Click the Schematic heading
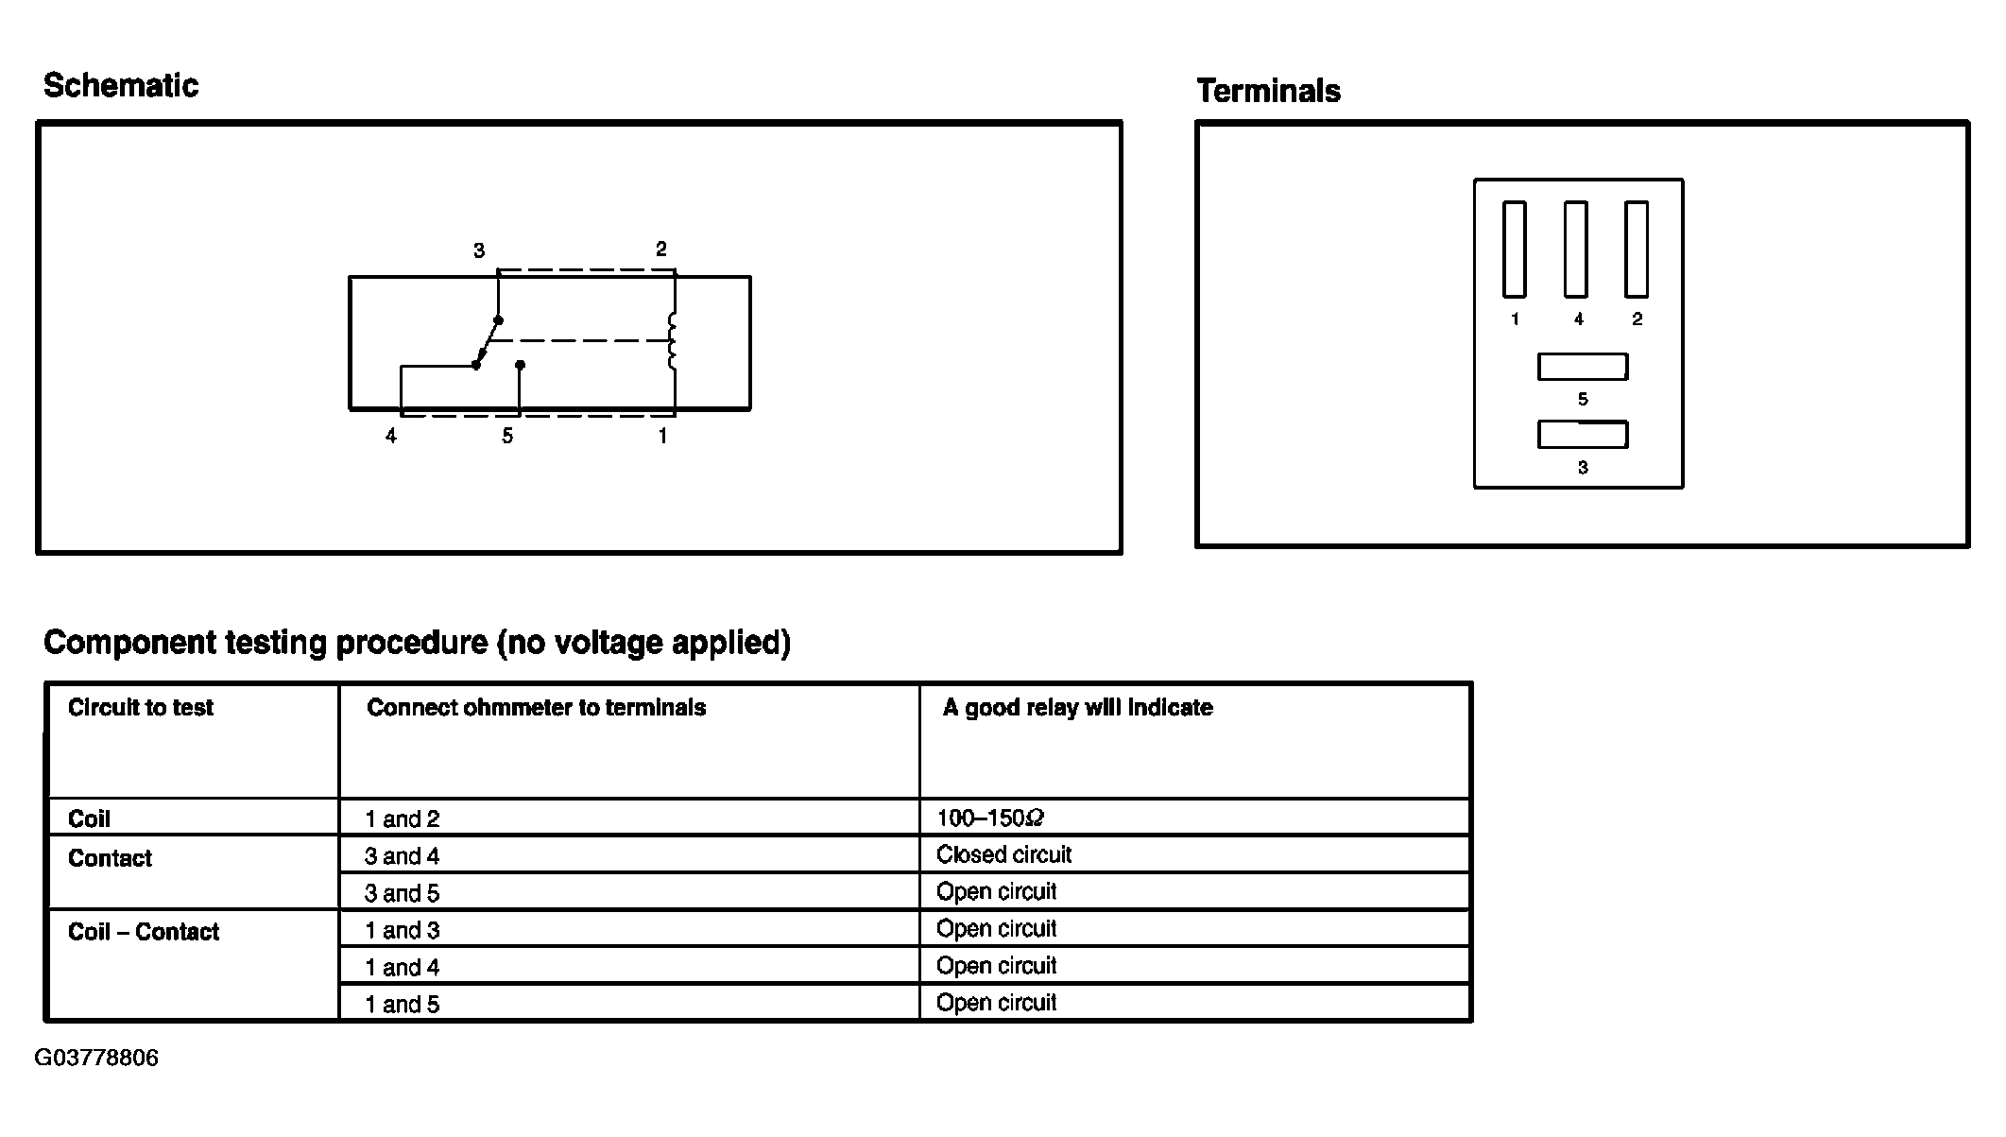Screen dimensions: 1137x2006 coord(121,86)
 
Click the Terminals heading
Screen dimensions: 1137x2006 coord(1268,92)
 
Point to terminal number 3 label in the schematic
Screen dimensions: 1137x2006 coord(479,251)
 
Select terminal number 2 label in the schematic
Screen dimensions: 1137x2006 coord(661,250)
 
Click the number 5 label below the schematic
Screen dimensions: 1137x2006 coord(507,437)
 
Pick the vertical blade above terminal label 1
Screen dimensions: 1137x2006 coord(1515,249)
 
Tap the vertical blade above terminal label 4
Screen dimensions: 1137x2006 coord(1575,249)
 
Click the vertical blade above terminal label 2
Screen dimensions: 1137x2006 coord(1637,249)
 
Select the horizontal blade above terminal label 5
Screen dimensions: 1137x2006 coord(1583,367)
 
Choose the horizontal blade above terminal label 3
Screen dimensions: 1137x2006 coord(1583,435)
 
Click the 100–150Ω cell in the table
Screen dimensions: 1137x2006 coord(990,818)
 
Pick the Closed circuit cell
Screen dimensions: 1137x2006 coord(1003,855)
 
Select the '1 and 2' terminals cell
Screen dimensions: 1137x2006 coord(403,819)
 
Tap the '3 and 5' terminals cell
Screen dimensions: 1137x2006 coord(403,893)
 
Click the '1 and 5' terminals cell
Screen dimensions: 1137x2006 coord(403,1005)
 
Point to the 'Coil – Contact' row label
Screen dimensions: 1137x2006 coord(144,933)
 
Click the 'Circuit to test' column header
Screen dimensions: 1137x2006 coord(141,708)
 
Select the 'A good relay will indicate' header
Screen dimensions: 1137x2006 coord(1077,708)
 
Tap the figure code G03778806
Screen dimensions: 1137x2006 coord(96,1058)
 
